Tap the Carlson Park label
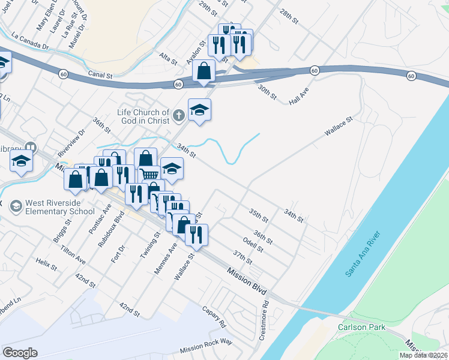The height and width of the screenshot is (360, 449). pos(360,328)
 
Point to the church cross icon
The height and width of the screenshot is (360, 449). pos(178,115)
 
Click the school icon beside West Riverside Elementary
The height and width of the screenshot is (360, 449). pos(16,205)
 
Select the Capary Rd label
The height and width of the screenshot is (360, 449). pos(214,316)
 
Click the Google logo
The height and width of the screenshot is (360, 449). pos(20,353)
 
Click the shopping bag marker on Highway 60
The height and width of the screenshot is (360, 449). pos(204,71)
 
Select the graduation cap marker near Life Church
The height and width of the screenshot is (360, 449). pos(200,110)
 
